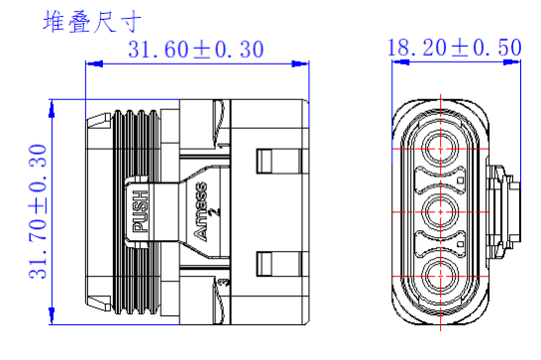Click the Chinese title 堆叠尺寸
pyautogui.click(x=92, y=22)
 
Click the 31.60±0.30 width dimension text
pyautogui.click(x=196, y=49)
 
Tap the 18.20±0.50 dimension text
pyautogui.click(x=455, y=48)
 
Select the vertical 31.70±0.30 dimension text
pyautogui.click(x=38, y=211)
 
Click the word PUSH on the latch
pyautogui.click(x=141, y=211)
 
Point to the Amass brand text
pyautogui.click(x=201, y=211)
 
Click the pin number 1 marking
pyautogui.click(x=224, y=146)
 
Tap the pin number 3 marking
pyautogui.click(x=225, y=283)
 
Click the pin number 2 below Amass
pyautogui.click(x=216, y=212)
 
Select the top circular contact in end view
pyautogui.click(x=441, y=149)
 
